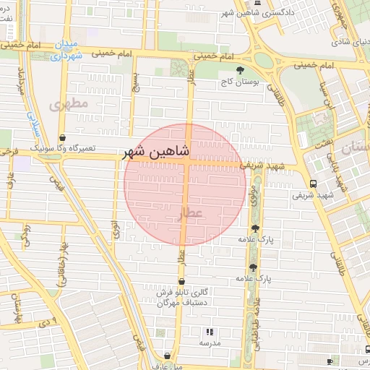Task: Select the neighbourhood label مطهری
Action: (x=69, y=105)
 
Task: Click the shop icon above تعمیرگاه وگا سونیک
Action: (x=63, y=136)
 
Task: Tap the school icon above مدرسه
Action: (x=210, y=332)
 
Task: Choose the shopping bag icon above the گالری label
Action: (x=181, y=281)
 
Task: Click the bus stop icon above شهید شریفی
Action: (x=312, y=184)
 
